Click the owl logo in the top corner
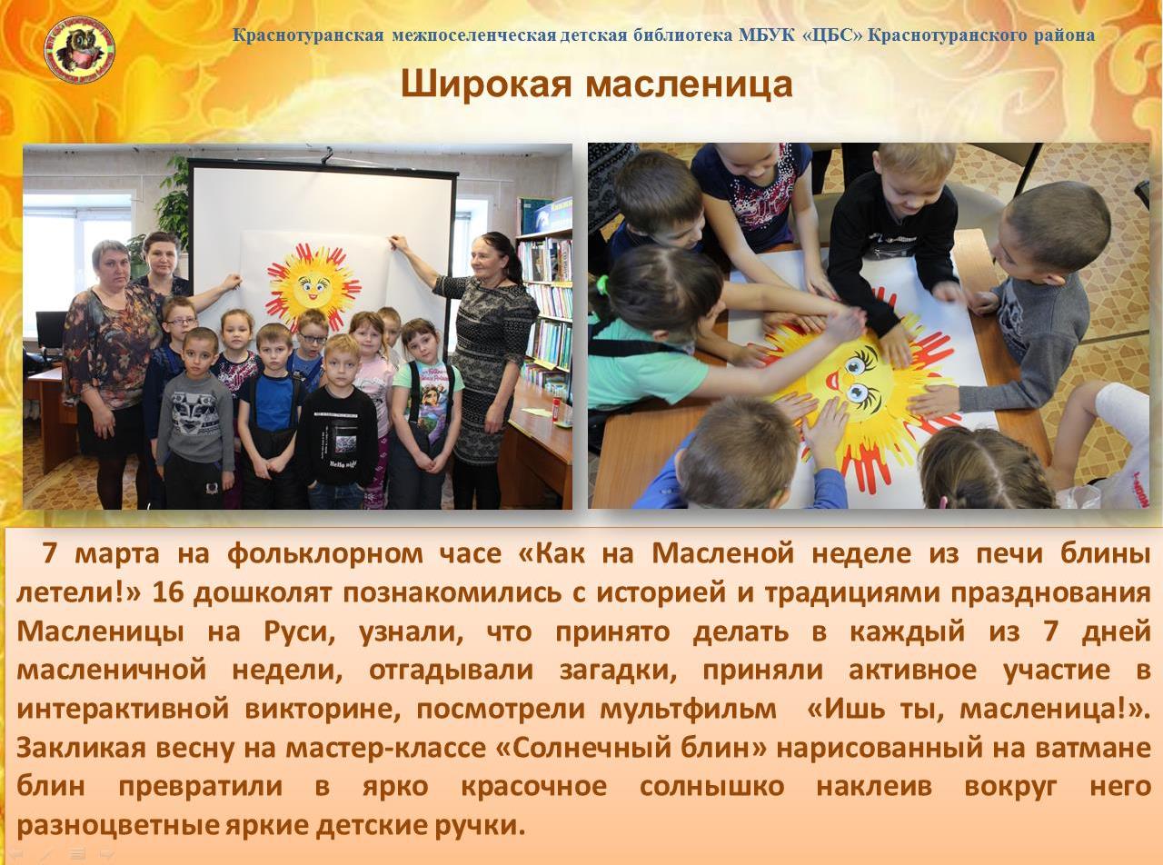tap(80, 49)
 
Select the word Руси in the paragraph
tap(299, 632)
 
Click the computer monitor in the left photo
tap(51, 329)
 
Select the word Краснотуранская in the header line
tap(308, 35)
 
